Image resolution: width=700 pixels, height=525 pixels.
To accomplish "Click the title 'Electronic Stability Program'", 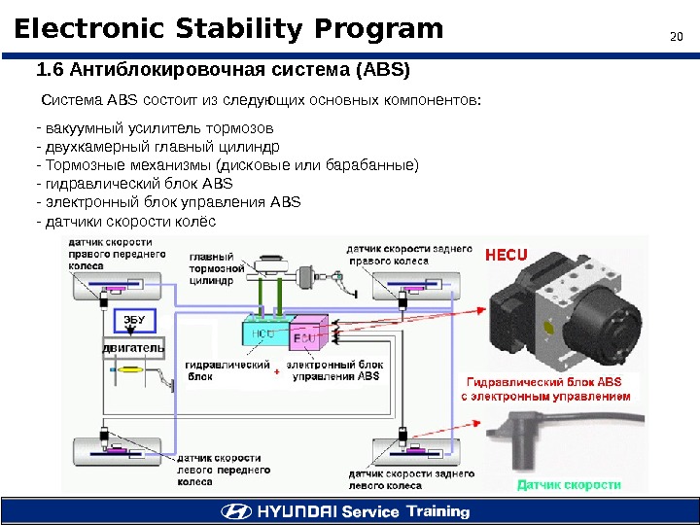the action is [x=228, y=29].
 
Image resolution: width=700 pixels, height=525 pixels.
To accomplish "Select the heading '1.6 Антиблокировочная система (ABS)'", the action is [x=224, y=71].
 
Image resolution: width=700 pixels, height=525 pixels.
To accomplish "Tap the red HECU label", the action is [x=506, y=255].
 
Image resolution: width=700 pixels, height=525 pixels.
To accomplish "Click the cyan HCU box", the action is [x=263, y=333].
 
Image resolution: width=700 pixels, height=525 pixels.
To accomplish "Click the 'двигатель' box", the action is [x=133, y=347].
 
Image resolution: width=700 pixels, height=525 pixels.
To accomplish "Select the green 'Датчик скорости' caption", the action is [x=569, y=483].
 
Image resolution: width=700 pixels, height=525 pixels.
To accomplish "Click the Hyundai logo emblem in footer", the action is [x=235, y=511].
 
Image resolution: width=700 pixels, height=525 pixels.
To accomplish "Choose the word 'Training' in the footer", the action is [x=437, y=511].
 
